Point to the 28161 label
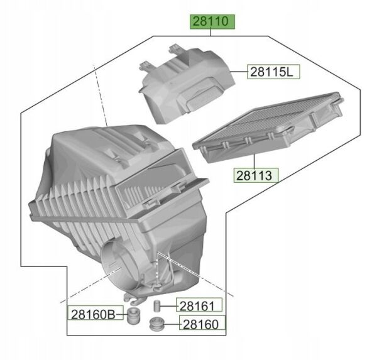[199, 306]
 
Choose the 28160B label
[92, 313]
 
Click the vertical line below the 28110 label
[213, 33]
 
